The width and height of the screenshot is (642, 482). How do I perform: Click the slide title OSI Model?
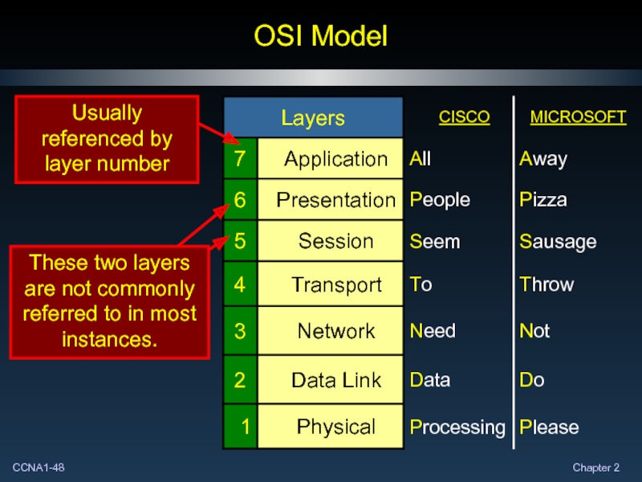[x=320, y=36]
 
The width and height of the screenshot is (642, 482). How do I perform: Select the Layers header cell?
[x=313, y=119]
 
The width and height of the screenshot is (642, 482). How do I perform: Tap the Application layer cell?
[x=335, y=159]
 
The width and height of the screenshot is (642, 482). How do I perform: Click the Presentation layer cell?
[x=335, y=199]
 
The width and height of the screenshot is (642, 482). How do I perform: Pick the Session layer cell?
[x=335, y=241]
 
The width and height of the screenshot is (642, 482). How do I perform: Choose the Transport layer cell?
[x=335, y=284]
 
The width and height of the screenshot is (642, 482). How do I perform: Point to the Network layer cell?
[x=335, y=331]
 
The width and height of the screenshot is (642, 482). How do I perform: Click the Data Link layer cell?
[x=335, y=379]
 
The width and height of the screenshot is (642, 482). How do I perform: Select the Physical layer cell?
[x=335, y=427]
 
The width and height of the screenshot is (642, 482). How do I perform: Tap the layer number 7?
[x=240, y=159]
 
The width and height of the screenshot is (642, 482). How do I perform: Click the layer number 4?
[x=240, y=284]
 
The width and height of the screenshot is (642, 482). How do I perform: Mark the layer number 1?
[x=244, y=427]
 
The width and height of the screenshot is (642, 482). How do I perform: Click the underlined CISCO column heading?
[x=464, y=117]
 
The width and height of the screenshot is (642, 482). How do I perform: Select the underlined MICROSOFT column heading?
[x=578, y=117]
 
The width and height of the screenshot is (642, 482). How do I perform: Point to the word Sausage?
[x=558, y=242]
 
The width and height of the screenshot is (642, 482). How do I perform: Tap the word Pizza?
[x=542, y=199]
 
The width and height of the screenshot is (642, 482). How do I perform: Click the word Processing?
[x=457, y=427]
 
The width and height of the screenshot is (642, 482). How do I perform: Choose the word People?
[x=440, y=199]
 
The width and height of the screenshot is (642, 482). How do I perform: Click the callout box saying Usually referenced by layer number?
[x=106, y=139]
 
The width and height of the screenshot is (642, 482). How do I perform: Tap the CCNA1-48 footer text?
[x=39, y=468]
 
